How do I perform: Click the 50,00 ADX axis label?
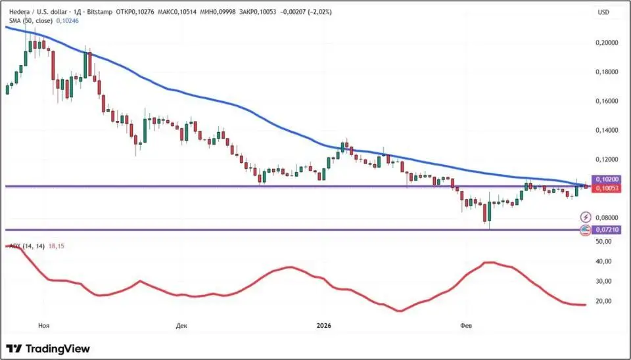(x=603, y=242)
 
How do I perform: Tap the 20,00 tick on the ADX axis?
(x=603, y=302)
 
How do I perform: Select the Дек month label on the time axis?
(x=182, y=325)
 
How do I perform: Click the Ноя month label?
(x=45, y=325)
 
